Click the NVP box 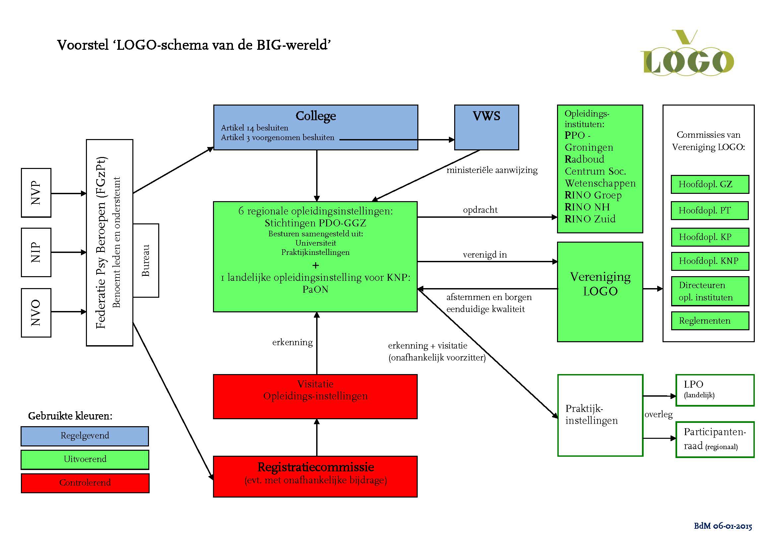(x=36, y=193)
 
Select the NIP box (x=36, y=252)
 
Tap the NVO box (x=36, y=313)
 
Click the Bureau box (x=146, y=260)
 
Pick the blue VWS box (x=486, y=127)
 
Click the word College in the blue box (x=315, y=116)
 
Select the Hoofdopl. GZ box (x=710, y=184)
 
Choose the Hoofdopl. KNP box (x=710, y=261)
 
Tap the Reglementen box (x=710, y=321)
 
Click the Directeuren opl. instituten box (x=710, y=291)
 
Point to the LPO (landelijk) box (x=715, y=390)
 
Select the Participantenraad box (x=715, y=439)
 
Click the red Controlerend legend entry (x=85, y=483)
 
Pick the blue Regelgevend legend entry (x=85, y=436)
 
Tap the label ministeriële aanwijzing (x=492, y=170)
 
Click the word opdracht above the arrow (x=480, y=210)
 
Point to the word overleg (x=658, y=415)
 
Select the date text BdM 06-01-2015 (x=723, y=526)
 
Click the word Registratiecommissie (x=315, y=467)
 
